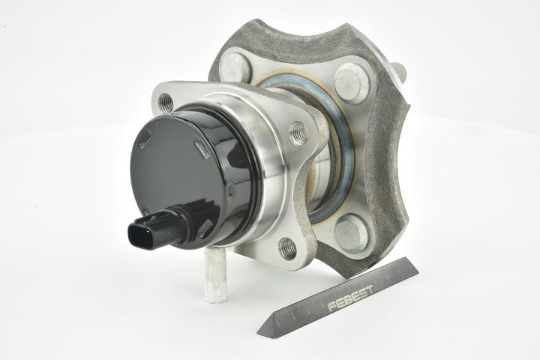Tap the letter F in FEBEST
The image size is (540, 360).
331,306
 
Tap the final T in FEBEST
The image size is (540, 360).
369,289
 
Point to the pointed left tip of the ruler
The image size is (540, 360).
257,333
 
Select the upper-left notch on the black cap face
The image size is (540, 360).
145,141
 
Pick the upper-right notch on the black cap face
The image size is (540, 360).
202,151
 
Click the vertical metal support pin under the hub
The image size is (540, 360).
215,274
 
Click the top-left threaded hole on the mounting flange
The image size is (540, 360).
166,102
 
